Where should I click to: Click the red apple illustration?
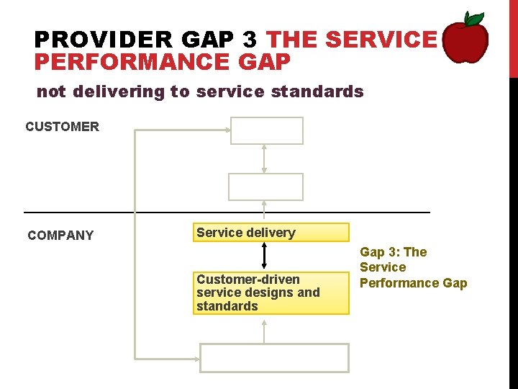click(x=465, y=42)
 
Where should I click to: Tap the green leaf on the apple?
click(x=473, y=19)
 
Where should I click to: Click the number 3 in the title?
click(x=250, y=39)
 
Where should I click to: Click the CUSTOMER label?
click(x=62, y=127)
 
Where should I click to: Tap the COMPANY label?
click(x=60, y=236)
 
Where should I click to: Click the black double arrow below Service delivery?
click(x=265, y=255)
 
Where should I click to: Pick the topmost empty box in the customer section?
click(x=266, y=131)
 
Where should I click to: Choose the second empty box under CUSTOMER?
click(x=266, y=187)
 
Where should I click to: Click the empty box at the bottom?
click(x=273, y=357)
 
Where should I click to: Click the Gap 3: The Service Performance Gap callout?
click(x=412, y=267)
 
